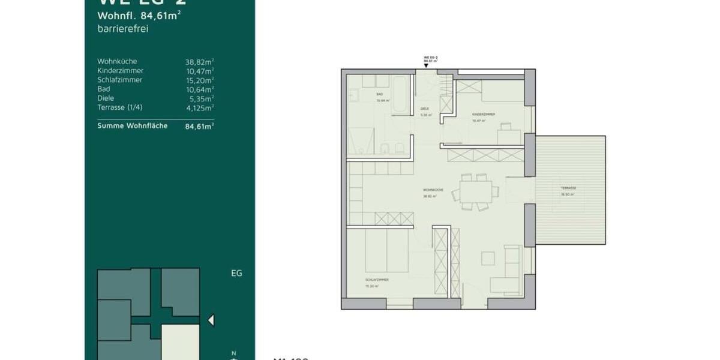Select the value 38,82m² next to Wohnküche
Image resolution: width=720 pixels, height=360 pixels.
(200, 61)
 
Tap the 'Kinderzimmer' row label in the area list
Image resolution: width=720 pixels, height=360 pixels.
(120, 70)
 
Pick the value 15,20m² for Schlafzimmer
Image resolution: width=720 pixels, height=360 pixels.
(200, 80)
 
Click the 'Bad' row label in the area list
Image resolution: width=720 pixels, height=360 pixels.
(103, 89)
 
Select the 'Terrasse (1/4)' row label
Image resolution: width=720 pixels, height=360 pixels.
(120, 107)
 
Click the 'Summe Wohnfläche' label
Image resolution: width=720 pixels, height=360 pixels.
(132, 126)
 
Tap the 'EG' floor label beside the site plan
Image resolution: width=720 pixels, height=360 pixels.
(236, 273)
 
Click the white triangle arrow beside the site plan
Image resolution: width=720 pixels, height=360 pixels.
(211, 320)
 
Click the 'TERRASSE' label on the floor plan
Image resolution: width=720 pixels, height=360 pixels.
(569, 188)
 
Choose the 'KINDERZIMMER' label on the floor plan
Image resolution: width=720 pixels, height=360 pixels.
(483, 113)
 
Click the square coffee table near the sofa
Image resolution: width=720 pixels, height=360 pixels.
(488, 258)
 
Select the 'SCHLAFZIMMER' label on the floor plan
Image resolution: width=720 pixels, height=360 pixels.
(376, 280)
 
